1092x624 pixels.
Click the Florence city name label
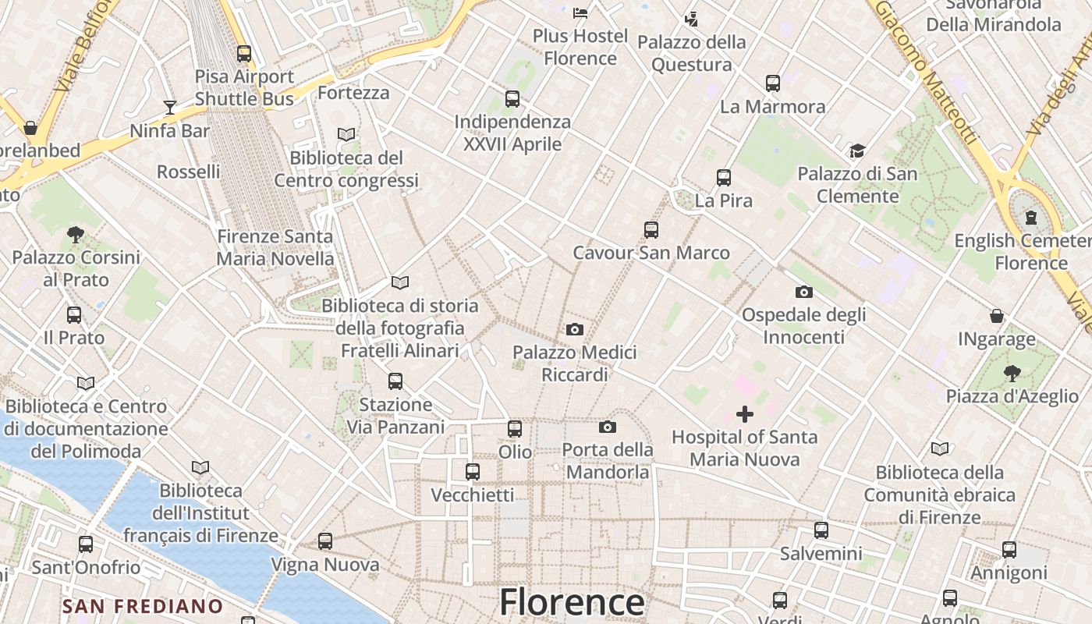coord(572,602)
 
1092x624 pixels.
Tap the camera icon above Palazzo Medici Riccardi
coord(575,329)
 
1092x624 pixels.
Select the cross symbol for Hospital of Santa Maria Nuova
coord(745,414)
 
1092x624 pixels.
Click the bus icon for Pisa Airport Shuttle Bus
coord(244,54)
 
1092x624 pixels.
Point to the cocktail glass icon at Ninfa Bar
coord(169,107)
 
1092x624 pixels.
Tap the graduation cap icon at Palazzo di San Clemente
coord(857,151)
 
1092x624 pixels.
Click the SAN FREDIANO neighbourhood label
coord(143,606)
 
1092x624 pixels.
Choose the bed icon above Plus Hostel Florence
coord(580,12)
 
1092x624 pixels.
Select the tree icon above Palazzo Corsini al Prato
coord(76,234)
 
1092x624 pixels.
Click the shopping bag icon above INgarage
coord(997,316)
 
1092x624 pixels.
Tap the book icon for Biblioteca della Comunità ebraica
coord(940,449)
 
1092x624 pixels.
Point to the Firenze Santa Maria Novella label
coord(275,247)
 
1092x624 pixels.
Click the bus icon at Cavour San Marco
coord(651,230)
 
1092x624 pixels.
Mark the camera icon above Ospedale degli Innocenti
coord(803,292)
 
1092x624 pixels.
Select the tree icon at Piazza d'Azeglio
coord(1012,373)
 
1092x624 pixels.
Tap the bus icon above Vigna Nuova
coord(325,541)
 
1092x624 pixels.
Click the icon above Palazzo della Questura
coord(691,19)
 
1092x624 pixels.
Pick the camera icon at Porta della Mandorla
coord(608,427)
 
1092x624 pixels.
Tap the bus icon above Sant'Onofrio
coord(86,544)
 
